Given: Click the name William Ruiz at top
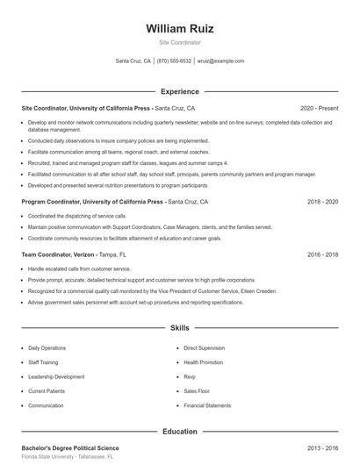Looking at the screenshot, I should pos(179,28).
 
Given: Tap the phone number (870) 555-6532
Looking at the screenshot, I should pos(174,61).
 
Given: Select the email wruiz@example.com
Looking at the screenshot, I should pos(220,61).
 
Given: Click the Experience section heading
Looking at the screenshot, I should pos(179,91).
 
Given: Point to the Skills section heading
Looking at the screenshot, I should pos(179,327).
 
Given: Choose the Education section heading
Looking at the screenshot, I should pos(179,431).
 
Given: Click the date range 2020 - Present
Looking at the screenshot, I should pos(319,108).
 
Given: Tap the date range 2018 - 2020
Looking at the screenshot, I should pos(322,202).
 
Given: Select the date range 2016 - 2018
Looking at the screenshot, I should pos(322,254).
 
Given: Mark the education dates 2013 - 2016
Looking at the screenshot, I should pos(322,447).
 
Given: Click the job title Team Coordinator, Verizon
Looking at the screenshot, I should pos(58,254).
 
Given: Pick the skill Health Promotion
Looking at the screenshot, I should pos(203,361).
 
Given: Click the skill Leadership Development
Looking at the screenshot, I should pos(56,376).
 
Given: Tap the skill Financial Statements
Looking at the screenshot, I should pos(207,406).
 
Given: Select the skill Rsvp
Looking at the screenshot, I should pos(191,376).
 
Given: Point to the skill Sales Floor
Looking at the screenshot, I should pos(198,391).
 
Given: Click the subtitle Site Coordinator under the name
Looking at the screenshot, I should pos(179,42).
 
